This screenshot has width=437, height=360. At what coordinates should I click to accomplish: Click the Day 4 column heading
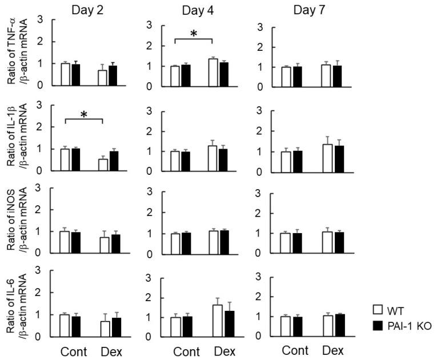click(x=197, y=10)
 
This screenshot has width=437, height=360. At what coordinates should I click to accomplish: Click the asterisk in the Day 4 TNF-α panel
click(x=194, y=34)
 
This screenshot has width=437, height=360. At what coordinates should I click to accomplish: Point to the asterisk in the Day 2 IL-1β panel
click(x=84, y=114)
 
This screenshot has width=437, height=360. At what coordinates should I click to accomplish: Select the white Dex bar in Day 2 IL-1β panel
click(x=102, y=165)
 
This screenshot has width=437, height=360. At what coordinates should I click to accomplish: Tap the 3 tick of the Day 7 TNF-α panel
click(x=260, y=26)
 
